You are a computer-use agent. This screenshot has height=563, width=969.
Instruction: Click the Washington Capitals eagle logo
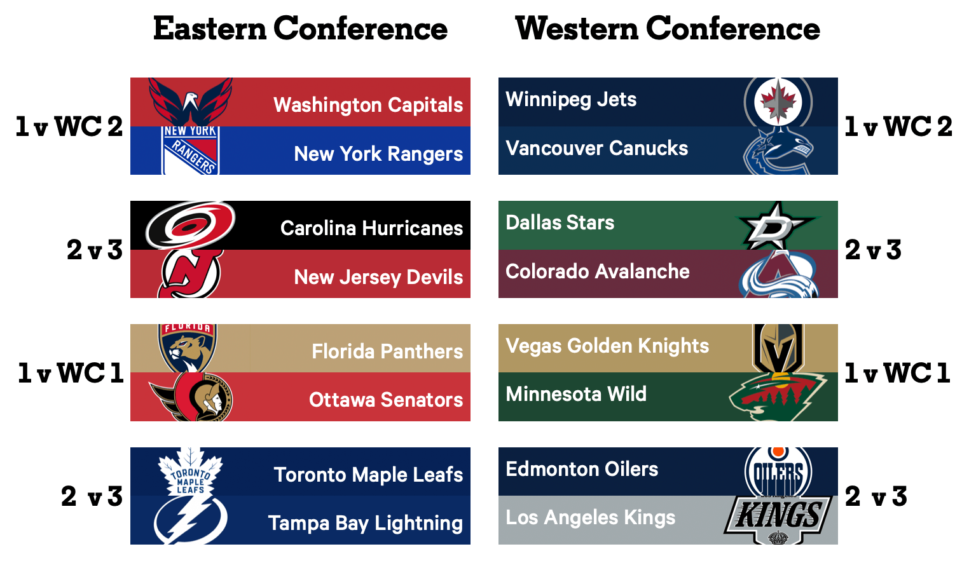(x=190, y=102)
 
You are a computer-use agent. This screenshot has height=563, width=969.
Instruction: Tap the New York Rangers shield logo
(x=190, y=151)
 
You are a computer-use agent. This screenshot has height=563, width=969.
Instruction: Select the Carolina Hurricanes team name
(x=371, y=228)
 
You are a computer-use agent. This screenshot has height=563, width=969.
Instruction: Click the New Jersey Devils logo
(x=190, y=273)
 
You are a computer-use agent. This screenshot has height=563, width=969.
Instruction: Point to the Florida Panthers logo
(x=188, y=348)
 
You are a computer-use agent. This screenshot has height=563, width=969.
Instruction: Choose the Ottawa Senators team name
(x=386, y=400)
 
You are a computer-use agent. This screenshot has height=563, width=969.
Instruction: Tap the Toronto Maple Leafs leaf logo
(x=190, y=472)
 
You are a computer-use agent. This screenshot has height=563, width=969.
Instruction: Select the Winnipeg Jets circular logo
(x=778, y=102)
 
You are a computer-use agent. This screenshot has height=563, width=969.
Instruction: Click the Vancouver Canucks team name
(x=596, y=148)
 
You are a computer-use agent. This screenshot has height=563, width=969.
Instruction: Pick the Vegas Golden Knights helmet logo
(x=779, y=348)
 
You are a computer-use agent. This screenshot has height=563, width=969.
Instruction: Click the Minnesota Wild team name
(x=576, y=395)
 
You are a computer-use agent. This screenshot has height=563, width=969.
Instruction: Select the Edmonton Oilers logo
(x=778, y=472)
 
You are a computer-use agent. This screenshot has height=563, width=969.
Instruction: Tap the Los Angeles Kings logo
(x=778, y=520)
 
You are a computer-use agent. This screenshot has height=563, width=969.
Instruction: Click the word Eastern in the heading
(x=210, y=29)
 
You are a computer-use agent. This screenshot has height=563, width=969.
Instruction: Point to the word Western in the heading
(x=577, y=29)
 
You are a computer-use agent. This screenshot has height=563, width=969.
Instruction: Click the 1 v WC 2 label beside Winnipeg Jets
(x=898, y=126)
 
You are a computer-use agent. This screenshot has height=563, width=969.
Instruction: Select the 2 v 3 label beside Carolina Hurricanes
(x=95, y=250)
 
